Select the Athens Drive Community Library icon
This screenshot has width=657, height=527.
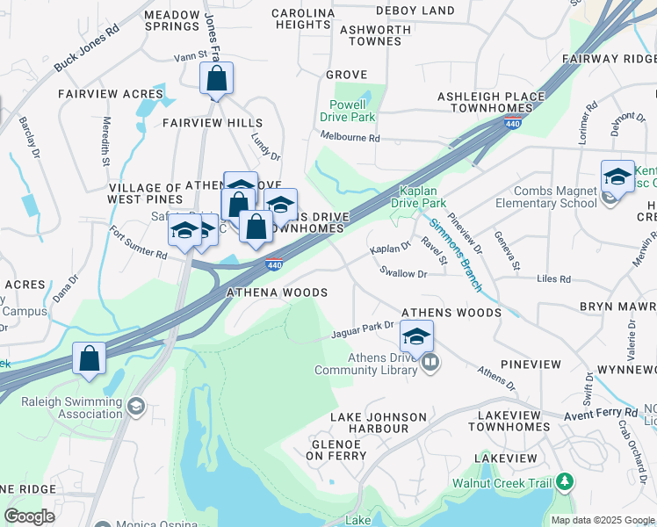pos(430,362)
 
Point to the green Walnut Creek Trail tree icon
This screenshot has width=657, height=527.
pos(565,482)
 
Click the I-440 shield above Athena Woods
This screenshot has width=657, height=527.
pos(274,263)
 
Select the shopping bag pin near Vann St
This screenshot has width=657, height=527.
pos(216,81)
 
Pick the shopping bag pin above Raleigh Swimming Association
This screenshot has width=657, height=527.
pos(89,359)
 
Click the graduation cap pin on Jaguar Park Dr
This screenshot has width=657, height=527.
pos(416,336)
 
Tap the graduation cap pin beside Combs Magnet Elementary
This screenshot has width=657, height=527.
pos(617,177)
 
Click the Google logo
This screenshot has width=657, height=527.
pos(30,516)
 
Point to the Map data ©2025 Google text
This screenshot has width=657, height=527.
pos(603,520)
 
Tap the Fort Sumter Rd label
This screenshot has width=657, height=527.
pos(138,243)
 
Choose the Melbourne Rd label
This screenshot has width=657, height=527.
pos(350,138)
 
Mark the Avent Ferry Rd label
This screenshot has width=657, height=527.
pos(601,412)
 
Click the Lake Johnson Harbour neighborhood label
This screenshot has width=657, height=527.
pos(378,422)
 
